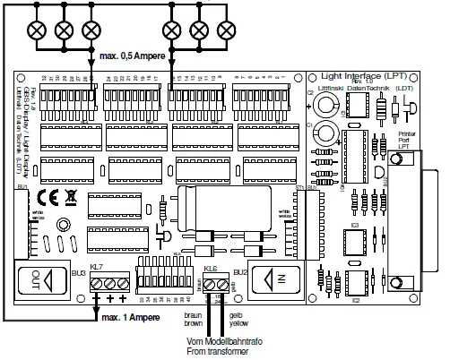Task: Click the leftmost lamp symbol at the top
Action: click(38, 29)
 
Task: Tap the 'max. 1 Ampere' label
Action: click(130, 318)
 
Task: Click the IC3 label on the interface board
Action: click(355, 227)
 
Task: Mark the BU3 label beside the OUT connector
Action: click(78, 271)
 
